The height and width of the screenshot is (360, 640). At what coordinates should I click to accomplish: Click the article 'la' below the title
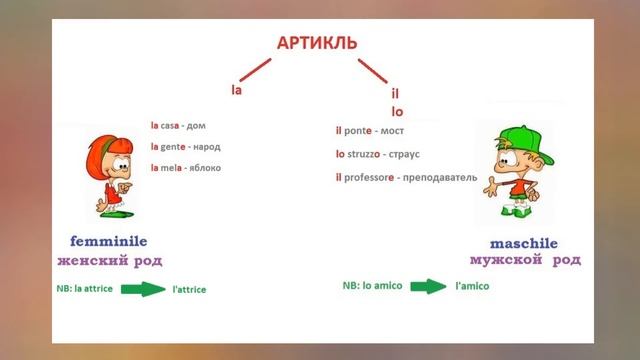coord(237,90)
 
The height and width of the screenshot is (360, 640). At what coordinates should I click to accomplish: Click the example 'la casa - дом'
coord(184,126)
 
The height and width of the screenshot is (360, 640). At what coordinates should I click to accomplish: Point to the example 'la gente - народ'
coord(185,146)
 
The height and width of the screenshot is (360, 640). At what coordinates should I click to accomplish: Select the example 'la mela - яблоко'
coord(185,167)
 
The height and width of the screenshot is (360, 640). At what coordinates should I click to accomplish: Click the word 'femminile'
coord(109,241)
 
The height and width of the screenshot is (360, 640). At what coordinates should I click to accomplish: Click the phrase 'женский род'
coord(109,261)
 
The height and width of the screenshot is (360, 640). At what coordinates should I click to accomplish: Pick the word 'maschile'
coord(524,243)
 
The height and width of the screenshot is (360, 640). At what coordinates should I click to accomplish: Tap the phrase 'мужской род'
coord(524,260)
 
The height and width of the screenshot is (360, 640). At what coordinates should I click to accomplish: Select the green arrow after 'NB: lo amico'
coord(428,286)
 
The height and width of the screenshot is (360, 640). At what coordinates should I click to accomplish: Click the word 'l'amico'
coord(471,286)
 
